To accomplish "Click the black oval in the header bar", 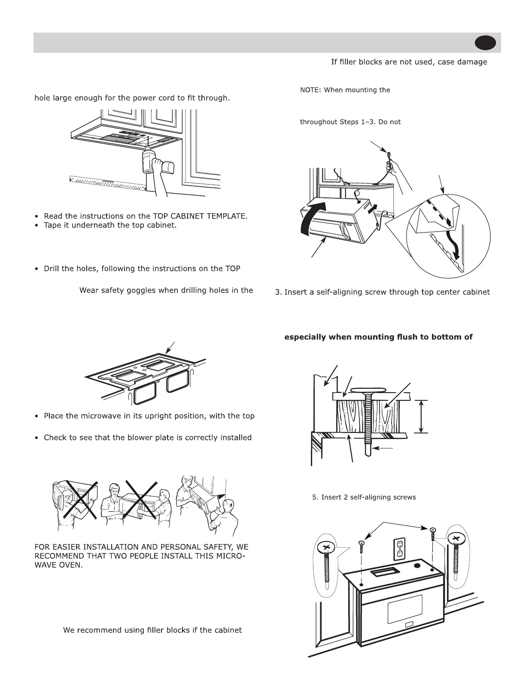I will coord(486,43).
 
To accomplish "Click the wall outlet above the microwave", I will coord(400,550).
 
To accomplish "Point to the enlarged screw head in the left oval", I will coord(326,548).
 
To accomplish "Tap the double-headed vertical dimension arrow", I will coord(422,416).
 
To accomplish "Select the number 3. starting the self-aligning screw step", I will coord(278,292).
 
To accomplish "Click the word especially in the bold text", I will coord(305,337).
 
